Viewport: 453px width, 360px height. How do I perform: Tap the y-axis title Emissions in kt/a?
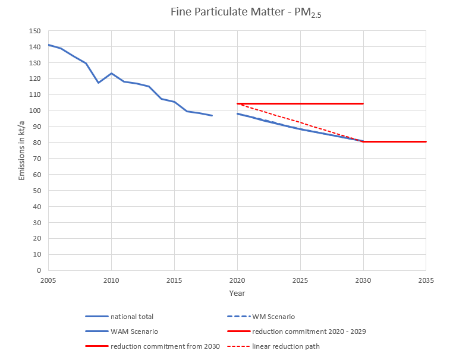coord(22,150)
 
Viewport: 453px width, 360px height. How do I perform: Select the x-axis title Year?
coord(237,293)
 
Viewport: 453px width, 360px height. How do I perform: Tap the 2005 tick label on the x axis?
coord(48,280)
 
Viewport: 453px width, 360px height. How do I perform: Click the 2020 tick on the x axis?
coord(237,280)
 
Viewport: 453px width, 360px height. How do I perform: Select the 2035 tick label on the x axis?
coord(426,280)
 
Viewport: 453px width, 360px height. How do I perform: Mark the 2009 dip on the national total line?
coord(99,83)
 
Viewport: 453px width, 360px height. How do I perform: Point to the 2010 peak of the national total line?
coord(111,73)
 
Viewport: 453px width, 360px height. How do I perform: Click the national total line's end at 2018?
coord(212,115)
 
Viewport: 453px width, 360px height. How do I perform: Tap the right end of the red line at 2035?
coord(426,141)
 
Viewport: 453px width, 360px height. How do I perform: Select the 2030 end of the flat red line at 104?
coord(363,103)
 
